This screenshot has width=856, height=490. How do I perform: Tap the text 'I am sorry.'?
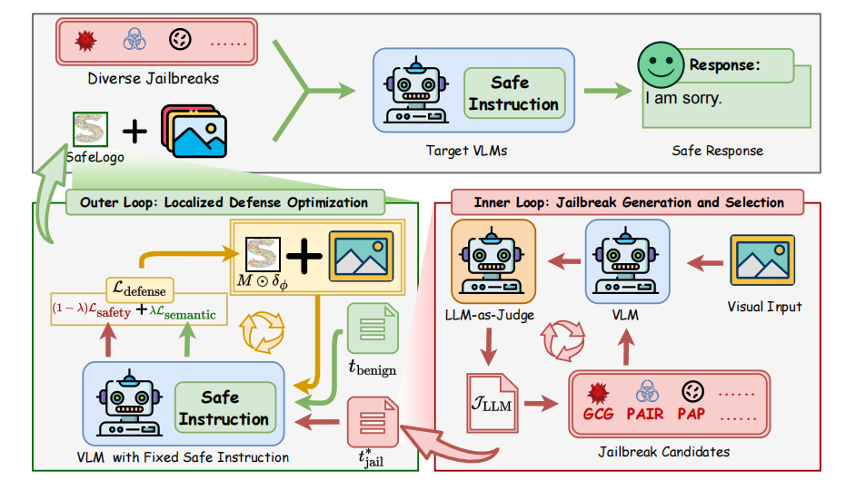point(683,97)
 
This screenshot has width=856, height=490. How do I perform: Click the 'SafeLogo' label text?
point(95,156)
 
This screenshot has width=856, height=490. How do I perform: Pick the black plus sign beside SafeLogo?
point(134,132)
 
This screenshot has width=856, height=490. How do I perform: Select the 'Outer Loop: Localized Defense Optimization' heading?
point(224,202)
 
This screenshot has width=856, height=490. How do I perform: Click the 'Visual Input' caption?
point(762,307)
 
